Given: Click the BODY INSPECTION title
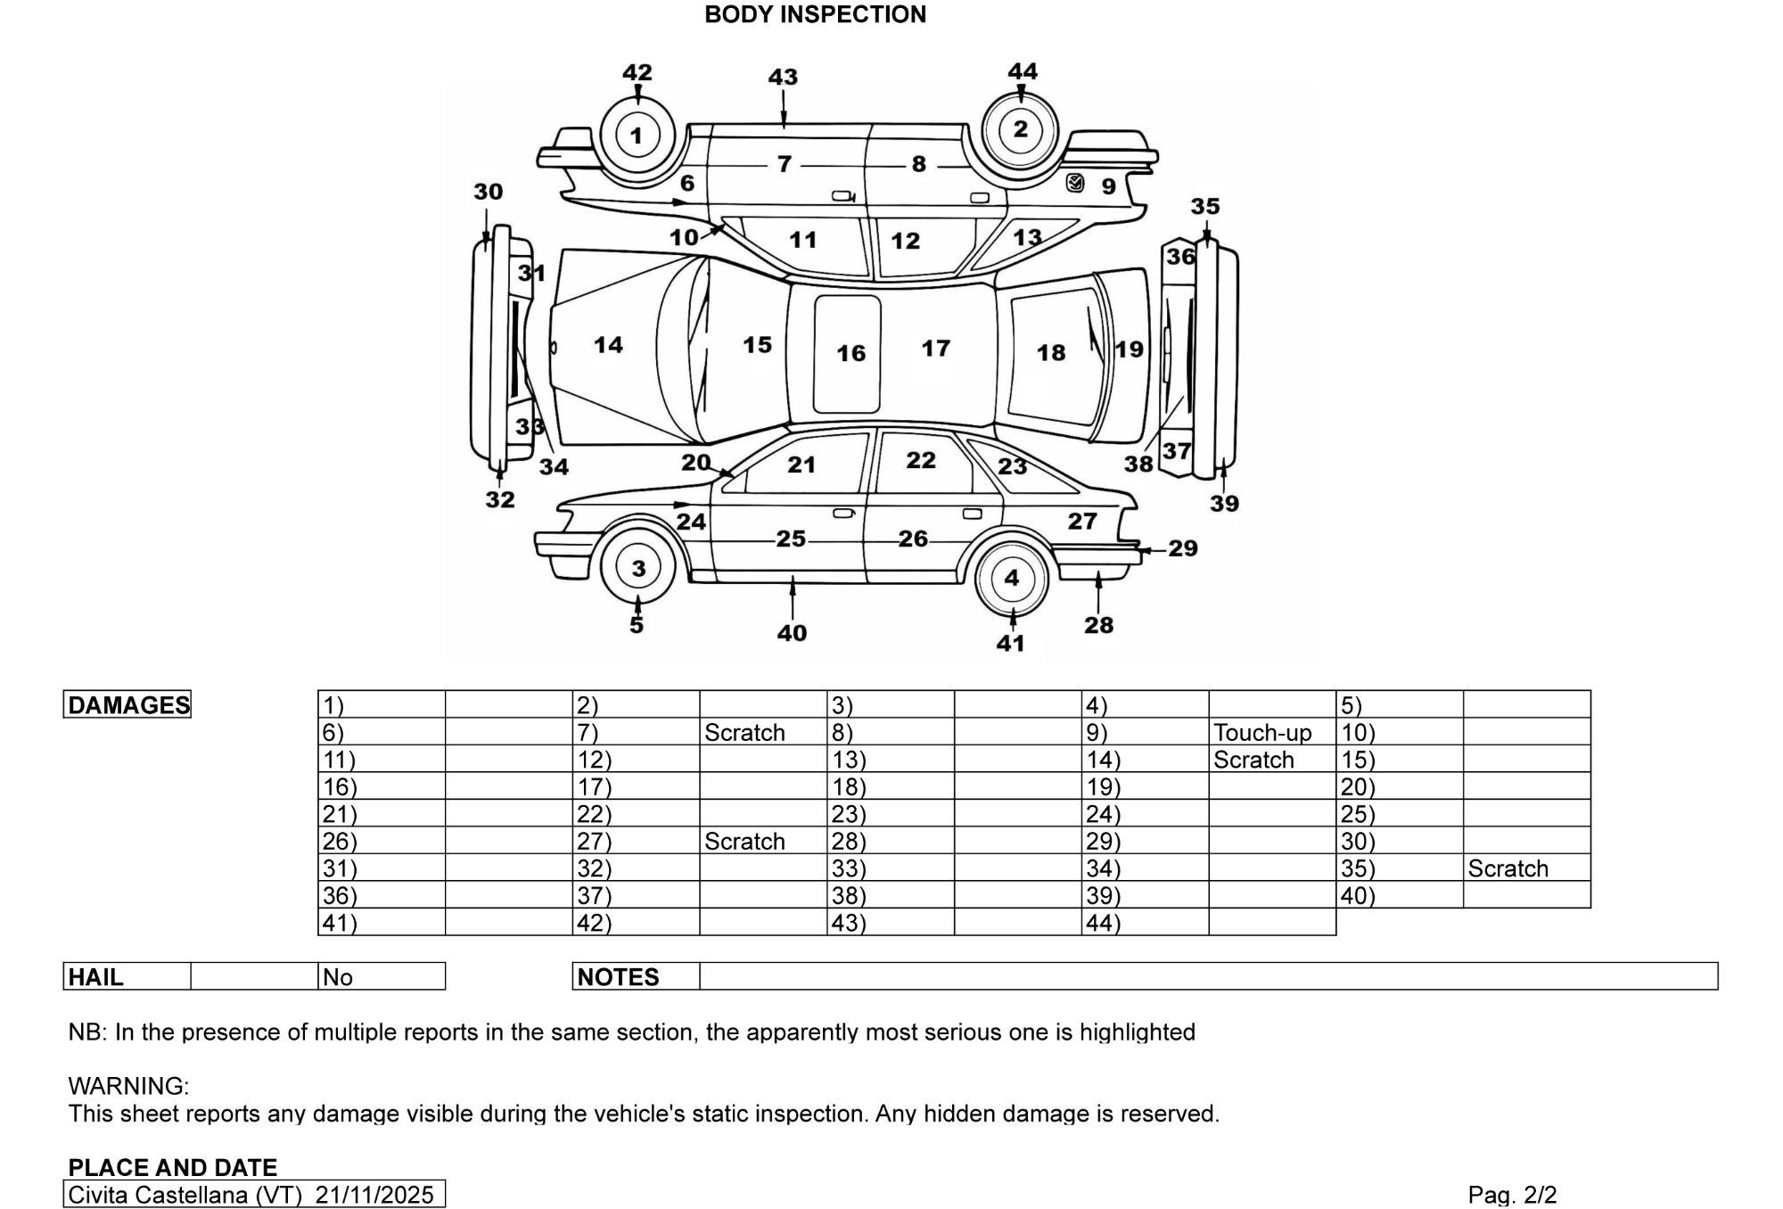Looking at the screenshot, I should (815, 14).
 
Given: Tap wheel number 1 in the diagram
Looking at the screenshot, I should (636, 136).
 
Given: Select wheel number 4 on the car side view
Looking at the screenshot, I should (1011, 578).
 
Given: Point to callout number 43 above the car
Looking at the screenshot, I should (783, 77).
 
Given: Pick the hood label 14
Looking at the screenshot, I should (608, 345).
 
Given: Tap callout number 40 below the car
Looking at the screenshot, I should (792, 633).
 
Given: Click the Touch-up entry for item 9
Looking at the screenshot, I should (1262, 733).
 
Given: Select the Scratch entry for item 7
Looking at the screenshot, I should (744, 733).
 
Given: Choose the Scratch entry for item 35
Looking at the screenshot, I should (1508, 868).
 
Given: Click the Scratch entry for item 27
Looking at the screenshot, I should (744, 842).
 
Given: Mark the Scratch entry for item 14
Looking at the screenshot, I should (1253, 761).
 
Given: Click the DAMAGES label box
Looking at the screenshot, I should (128, 705).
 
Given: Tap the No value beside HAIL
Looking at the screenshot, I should (338, 977).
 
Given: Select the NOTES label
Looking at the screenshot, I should (618, 977).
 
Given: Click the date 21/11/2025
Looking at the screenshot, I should (374, 1195).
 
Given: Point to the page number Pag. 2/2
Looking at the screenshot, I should (1512, 1195).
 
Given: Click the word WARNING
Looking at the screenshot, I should (128, 1086).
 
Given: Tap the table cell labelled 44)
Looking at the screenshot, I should (1104, 923).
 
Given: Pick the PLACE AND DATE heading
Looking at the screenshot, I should (173, 1167).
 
